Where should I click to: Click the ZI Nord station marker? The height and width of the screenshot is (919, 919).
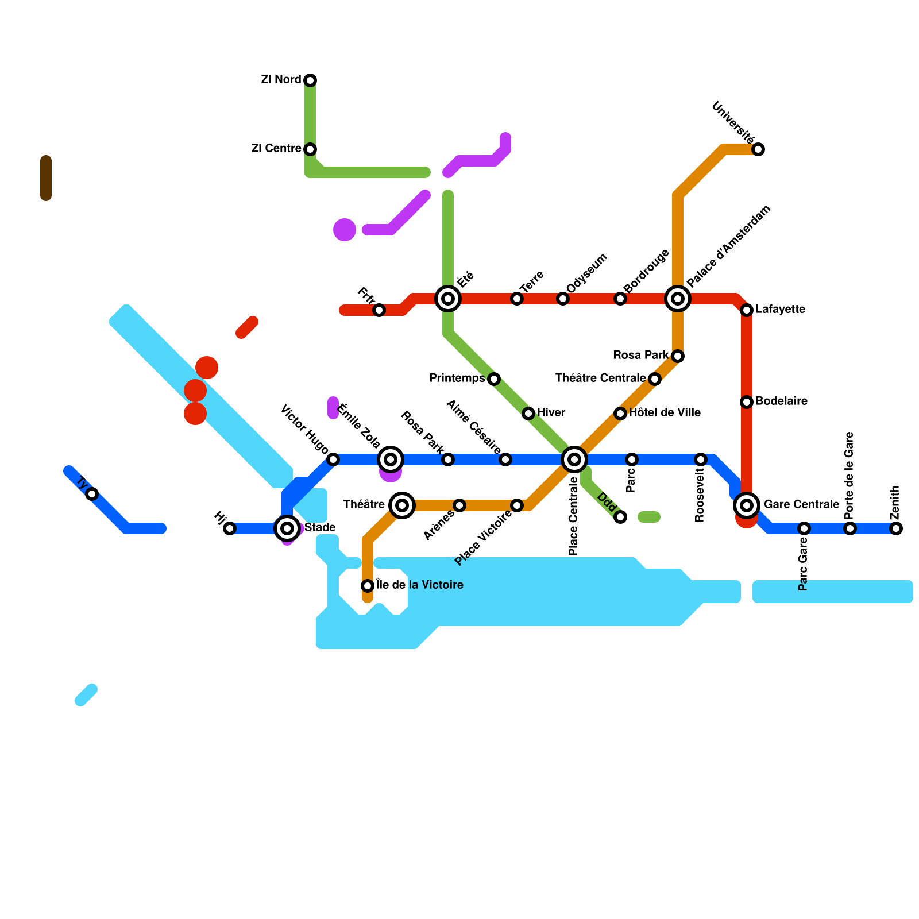click(x=310, y=80)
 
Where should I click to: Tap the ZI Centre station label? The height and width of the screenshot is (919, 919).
click(x=276, y=149)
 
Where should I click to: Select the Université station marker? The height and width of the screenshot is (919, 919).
click(x=758, y=149)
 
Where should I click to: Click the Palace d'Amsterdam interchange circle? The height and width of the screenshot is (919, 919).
click(x=678, y=299)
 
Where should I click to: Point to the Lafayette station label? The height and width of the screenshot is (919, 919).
click(x=780, y=310)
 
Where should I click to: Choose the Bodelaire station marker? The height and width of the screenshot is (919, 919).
click(x=747, y=402)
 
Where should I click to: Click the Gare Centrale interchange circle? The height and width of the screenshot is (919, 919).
click(x=747, y=505)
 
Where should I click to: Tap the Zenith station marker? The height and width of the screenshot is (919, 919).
click(x=896, y=528)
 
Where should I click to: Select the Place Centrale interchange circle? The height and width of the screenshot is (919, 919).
click(x=574, y=459)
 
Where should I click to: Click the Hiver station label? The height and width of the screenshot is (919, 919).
click(x=551, y=413)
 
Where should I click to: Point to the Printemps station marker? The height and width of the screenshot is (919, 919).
click(x=494, y=379)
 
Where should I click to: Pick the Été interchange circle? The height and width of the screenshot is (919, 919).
click(x=448, y=299)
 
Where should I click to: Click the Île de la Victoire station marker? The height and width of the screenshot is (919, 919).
click(x=368, y=586)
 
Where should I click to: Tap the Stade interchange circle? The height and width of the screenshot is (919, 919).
click(x=287, y=528)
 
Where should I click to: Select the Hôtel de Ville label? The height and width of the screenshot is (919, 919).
click(x=665, y=413)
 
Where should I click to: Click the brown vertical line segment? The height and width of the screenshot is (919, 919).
click(x=46, y=178)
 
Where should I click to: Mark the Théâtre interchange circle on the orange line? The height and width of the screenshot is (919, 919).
click(x=402, y=505)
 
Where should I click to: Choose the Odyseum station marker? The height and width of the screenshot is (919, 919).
click(x=563, y=299)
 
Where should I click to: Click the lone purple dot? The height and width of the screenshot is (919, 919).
click(x=345, y=230)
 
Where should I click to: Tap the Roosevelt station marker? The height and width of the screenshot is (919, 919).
click(x=701, y=459)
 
